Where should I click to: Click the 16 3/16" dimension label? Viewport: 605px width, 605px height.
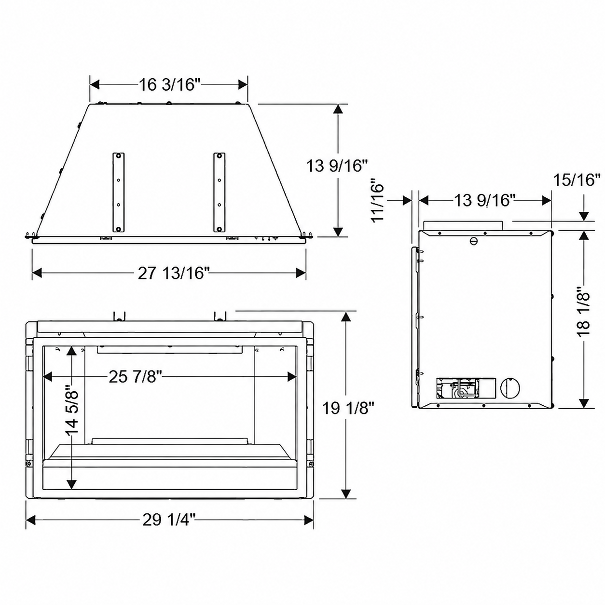point(169,85)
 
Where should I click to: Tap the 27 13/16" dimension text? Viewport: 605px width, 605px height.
point(174,273)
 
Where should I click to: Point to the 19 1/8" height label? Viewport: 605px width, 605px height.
point(348,409)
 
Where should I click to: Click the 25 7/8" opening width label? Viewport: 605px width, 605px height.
point(135,377)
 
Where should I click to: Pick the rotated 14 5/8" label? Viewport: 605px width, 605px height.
point(72,409)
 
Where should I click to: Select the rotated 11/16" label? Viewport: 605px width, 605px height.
point(378,200)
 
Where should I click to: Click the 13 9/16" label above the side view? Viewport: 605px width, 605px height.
point(484,200)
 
